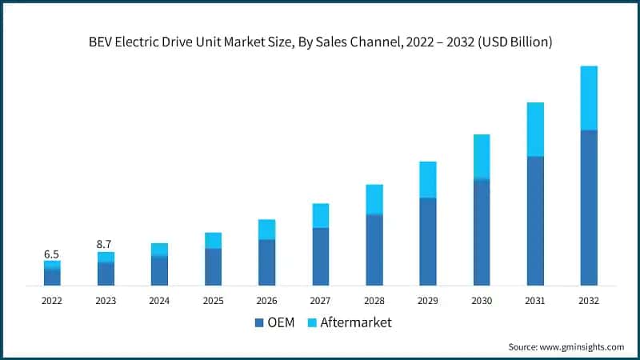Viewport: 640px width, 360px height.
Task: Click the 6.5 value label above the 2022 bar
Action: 52,254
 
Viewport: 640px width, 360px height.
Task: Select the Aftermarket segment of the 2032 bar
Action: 589,98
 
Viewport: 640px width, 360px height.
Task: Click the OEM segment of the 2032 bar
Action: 589,208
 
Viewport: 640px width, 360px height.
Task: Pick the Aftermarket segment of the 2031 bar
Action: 535,130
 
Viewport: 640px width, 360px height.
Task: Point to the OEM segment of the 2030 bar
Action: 482,232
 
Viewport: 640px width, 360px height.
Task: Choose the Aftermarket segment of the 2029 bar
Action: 428,179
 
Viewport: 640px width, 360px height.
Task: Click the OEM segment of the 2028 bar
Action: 374,250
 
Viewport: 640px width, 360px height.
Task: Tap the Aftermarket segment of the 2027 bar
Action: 321,215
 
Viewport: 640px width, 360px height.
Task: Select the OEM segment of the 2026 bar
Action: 267,262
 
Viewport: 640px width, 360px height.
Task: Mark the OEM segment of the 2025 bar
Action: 214,267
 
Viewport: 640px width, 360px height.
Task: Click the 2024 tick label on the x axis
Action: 159,301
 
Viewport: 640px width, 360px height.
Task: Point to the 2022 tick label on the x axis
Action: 52,301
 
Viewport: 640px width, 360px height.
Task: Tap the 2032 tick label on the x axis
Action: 589,301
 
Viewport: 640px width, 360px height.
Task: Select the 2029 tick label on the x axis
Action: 428,301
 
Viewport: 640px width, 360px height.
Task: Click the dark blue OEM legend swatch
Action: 259,323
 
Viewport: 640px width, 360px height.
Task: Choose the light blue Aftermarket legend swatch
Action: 313,323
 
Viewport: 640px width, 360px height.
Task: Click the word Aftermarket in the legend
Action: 356,323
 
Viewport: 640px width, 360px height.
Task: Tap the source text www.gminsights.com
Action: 583,346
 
